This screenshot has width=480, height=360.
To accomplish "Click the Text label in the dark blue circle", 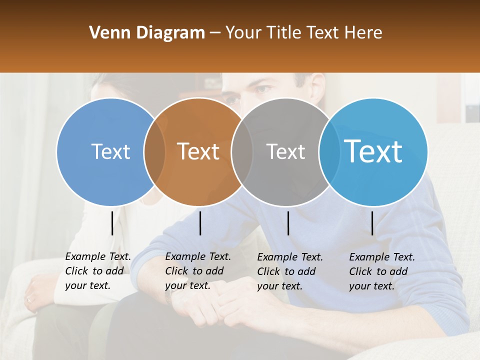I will point(110,151).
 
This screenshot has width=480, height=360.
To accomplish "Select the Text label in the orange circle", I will point(198,151).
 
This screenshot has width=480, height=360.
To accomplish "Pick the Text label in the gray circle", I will point(285,151).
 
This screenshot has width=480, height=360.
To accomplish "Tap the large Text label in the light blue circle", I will point(373,151).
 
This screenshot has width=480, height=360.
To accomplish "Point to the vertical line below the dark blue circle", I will point(112,223).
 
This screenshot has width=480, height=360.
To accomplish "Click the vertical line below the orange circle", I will point(200,223).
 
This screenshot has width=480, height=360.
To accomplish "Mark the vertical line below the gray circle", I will point(288,223).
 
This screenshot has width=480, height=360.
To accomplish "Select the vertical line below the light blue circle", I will point(372,223).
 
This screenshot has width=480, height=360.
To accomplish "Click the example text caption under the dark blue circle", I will point(98,271).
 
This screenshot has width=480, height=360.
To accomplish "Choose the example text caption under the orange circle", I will point(198,271).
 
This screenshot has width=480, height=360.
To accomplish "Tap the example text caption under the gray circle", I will point(290,271).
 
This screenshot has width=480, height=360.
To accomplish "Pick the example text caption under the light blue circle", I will point(382,271).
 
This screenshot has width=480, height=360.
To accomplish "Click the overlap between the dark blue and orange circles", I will point(154,151).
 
